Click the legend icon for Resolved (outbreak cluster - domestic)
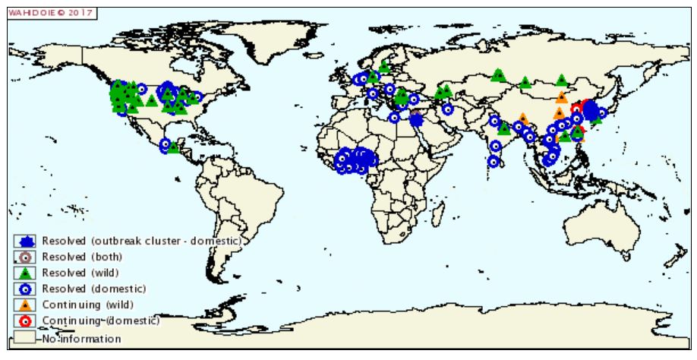(x=26, y=242)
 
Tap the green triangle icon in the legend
(x=26, y=273)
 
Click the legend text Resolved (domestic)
(x=93, y=289)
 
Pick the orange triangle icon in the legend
(x=26, y=305)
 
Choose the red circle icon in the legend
(x=26, y=321)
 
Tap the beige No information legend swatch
(x=25, y=339)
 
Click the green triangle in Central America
(x=174, y=147)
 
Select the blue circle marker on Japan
(x=602, y=113)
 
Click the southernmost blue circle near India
(x=493, y=161)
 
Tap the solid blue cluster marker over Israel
(x=415, y=119)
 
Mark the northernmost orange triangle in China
(x=561, y=96)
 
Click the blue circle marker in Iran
(x=447, y=108)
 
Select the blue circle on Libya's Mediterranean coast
(x=394, y=117)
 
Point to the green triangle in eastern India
(x=503, y=128)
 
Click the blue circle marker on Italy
(x=372, y=94)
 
